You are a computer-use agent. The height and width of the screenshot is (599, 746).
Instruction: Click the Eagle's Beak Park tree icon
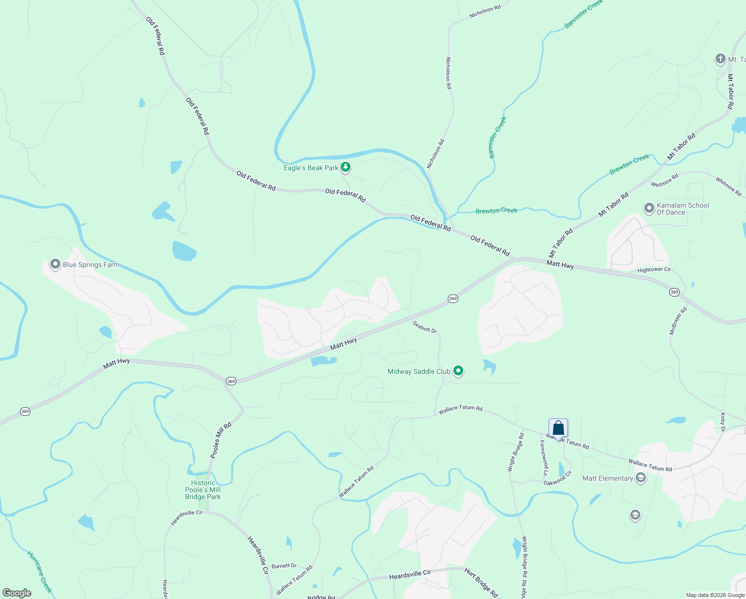[x=346, y=167]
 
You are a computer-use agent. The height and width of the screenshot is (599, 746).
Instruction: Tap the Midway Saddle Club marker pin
[x=458, y=371]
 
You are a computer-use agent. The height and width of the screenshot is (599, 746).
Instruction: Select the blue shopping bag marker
[x=558, y=428]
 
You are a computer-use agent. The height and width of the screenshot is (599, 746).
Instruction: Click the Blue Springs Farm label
[x=91, y=265]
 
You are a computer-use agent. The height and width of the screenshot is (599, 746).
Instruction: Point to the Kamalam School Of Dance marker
[x=649, y=208]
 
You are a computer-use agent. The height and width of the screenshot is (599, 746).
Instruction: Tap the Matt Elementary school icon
[x=641, y=478]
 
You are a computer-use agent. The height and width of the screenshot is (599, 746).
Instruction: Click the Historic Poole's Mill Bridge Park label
[x=203, y=490]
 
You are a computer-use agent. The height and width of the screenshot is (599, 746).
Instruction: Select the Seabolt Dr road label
[x=424, y=327]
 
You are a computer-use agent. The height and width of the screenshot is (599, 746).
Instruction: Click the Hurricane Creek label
[x=39, y=572]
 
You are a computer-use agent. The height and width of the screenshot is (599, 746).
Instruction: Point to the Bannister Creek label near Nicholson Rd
[x=498, y=137]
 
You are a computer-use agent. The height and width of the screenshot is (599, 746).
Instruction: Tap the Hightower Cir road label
[x=654, y=270]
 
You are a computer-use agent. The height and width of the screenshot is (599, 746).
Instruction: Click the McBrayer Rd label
[x=678, y=320]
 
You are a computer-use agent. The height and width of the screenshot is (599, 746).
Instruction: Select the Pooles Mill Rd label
[x=221, y=440]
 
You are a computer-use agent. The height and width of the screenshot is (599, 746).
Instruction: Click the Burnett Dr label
[x=284, y=566]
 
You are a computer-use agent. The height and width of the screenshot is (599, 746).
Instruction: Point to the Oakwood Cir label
[x=558, y=478]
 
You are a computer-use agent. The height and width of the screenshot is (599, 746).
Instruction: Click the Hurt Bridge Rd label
[x=481, y=582]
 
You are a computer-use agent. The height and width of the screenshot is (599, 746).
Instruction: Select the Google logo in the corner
[x=17, y=593]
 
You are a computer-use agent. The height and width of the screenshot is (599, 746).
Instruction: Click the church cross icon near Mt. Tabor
[x=720, y=59]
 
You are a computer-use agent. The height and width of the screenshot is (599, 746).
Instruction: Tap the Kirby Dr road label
[x=723, y=422]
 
